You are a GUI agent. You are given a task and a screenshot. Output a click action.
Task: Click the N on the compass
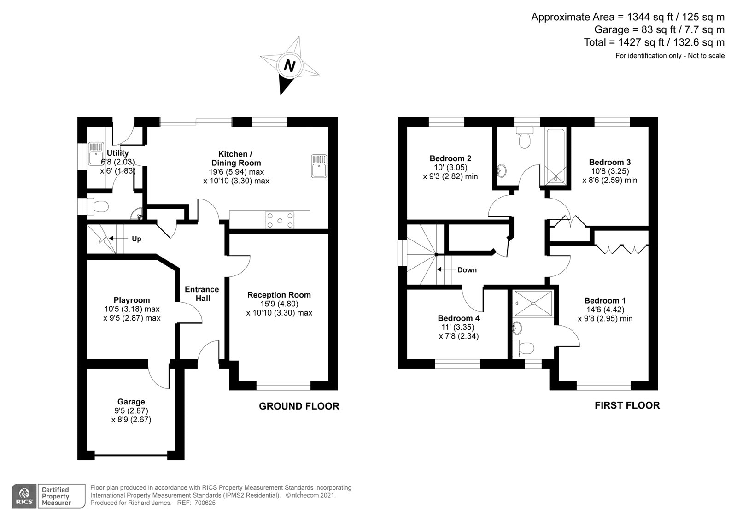[290, 65]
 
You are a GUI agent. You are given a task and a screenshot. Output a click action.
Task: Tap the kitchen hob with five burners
[280, 220]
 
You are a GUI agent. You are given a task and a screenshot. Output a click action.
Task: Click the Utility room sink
[96, 154]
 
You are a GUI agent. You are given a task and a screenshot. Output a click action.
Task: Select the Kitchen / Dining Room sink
[319, 166]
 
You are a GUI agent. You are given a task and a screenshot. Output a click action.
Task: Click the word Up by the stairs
[136, 239]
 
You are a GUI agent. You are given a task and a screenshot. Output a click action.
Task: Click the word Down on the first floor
[467, 270]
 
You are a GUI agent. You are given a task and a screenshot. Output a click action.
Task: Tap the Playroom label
[132, 300]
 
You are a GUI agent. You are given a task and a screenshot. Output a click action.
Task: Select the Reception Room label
[279, 295]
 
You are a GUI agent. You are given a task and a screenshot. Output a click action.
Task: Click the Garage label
[131, 402]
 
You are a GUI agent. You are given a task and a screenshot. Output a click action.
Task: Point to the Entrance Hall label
[202, 293]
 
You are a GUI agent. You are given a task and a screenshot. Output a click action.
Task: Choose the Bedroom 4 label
[459, 318]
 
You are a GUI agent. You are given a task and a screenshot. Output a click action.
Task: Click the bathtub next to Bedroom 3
[556, 157]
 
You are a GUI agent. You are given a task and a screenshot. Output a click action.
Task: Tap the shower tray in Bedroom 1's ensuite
[533, 303]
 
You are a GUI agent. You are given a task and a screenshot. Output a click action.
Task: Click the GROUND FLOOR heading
[299, 406]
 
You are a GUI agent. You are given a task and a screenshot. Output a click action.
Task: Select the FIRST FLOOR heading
[627, 405]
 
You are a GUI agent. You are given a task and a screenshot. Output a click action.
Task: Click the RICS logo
[24, 496]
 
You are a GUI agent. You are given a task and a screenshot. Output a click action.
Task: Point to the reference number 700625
[205, 503]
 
